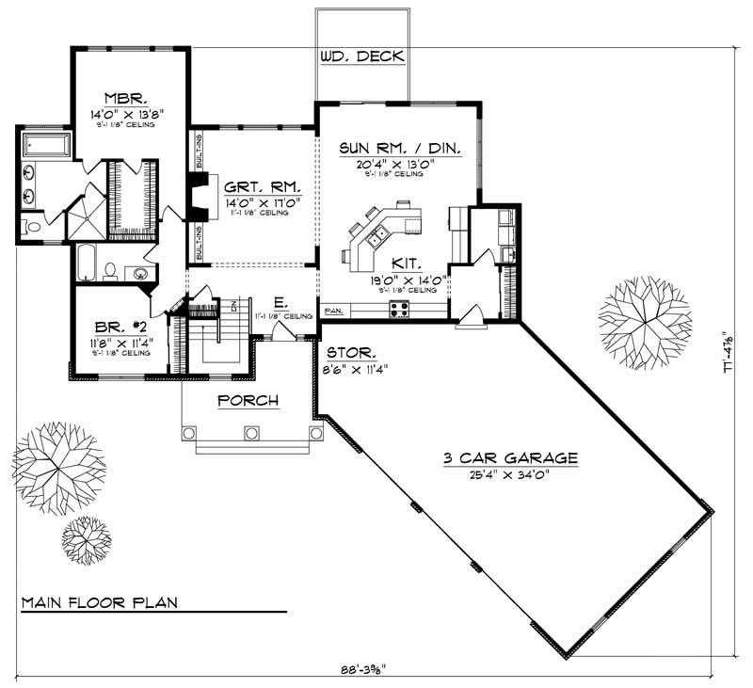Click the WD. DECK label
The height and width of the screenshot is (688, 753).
362,56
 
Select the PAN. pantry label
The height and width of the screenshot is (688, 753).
332,309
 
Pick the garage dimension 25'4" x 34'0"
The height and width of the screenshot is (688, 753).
509,474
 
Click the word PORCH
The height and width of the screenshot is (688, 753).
248,401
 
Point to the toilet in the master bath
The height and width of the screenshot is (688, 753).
32,227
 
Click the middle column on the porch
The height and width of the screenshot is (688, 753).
250,433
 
